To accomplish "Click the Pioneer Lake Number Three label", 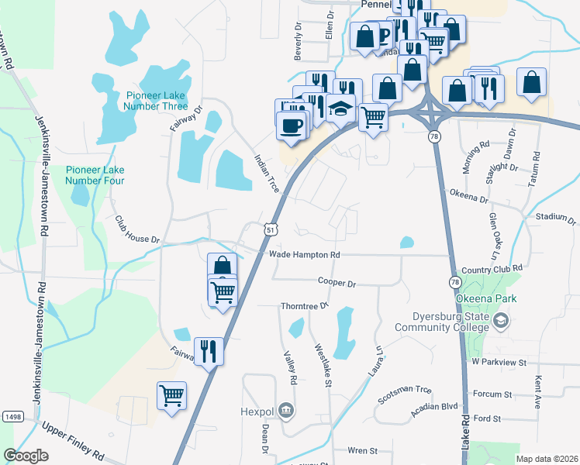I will coord(157,101).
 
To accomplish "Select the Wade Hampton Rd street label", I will coord(304,254).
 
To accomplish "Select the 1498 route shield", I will coord(12,416).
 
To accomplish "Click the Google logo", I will coord(26,456).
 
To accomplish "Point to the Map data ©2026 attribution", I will coord(546,459).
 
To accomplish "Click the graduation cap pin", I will coord(340,109).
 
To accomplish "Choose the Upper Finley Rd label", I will coord(73,439).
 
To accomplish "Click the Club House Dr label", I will coord(136,229).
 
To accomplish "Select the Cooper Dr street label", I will coord(337,284).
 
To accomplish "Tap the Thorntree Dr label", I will coord(305,305).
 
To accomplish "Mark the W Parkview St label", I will coord(499,362).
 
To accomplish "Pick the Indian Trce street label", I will coord(266,173).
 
